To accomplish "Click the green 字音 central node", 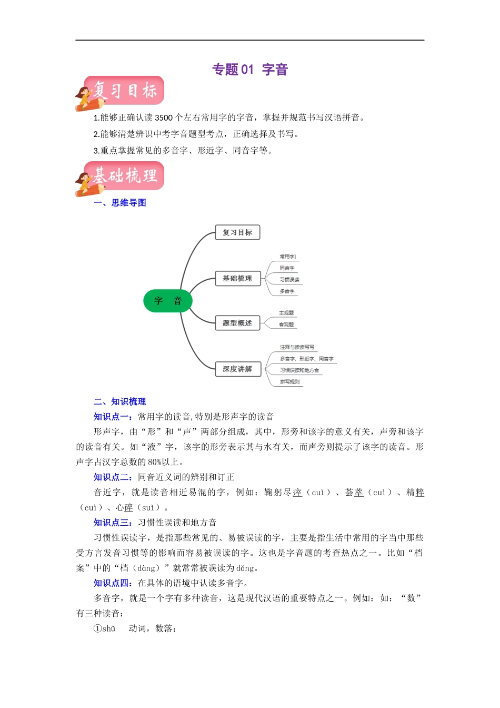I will tap(168, 301).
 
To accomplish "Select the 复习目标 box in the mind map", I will tap(237, 232).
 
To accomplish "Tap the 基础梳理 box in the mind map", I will tap(237, 278).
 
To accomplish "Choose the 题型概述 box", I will tap(237, 323).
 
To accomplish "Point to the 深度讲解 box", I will tap(237, 369).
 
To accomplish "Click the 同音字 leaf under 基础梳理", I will tap(287, 268).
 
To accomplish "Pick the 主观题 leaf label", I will tap(286, 313).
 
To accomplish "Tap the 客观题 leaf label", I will tap(286, 324).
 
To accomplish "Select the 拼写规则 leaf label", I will tap(289, 382).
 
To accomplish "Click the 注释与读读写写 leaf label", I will tap(297, 347).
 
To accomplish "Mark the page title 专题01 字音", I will tap(250, 70).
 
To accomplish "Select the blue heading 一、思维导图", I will tap(119, 203).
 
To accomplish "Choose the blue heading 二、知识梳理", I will tap(119, 401).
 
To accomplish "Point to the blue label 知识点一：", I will tap(113, 417).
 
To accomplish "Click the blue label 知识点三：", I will tap(113, 523).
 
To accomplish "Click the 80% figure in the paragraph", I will tap(155, 462).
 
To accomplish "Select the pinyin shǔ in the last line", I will tap(108, 628).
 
